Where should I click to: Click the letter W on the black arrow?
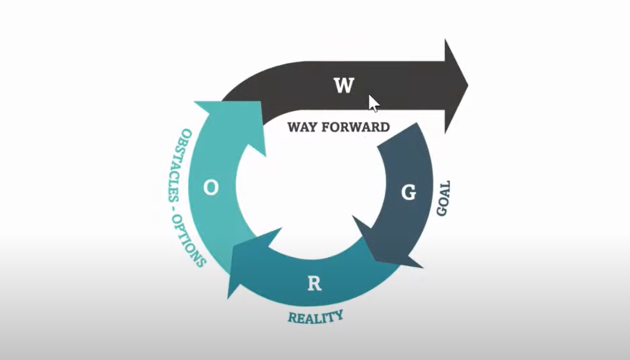click(x=344, y=85)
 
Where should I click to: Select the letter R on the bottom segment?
click(x=314, y=283)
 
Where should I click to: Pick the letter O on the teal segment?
click(x=212, y=188)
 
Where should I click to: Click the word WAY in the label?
click(x=302, y=127)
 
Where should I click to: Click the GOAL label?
click(x=444, y=198)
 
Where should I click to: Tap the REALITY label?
click(x=316, y=315)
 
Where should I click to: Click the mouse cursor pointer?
click(x=373, y=103)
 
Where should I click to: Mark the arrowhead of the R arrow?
click(x=244, y=266)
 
